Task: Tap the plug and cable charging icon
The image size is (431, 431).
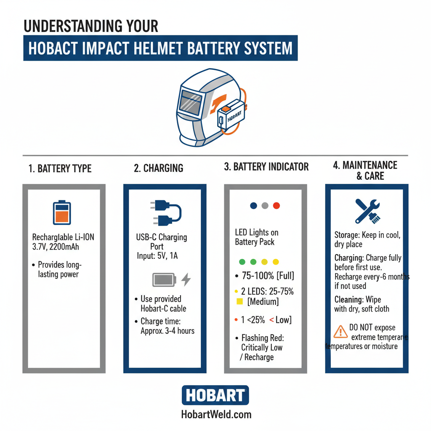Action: [x=165, y=213]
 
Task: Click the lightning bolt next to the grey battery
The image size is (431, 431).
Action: [x=186, y=279]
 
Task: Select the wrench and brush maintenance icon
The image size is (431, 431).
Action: [x=367, y=211]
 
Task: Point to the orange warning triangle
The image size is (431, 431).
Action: [x=340, y=332]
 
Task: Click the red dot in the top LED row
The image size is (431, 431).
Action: [x=277, y=206]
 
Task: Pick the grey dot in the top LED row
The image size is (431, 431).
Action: [x=265, y=206]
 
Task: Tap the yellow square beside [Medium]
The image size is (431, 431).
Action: [x=240, y=301]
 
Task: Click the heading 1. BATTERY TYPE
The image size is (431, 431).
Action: [x=60, y=169]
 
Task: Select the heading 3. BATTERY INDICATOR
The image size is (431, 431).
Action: [x=266, y=167]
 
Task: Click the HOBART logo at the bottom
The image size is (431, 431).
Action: [x=215, y=395]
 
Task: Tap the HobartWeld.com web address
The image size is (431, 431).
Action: [x=216, y=415]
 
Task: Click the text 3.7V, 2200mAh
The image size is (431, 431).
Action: [x=56, y=247]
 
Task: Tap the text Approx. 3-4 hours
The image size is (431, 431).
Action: [x=168, y=331]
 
